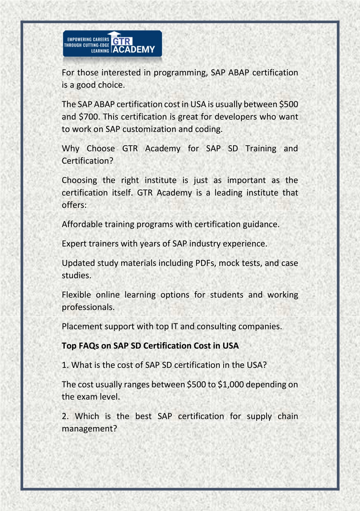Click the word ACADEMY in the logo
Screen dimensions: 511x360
click(x=134, y=50)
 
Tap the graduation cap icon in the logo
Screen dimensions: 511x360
click(x=114, y=34)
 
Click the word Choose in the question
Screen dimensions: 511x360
click(x=101, y=148)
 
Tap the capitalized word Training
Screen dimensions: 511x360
click(x=261, y=149)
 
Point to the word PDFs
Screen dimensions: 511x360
click(x=205, y=263)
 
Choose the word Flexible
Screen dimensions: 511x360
click(x=76, y=295)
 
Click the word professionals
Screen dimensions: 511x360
click(x=88, y=307)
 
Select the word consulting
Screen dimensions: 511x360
click(x=214, y=327)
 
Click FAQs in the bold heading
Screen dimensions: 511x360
click(x=89, y=346)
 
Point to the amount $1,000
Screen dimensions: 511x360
click(x=231, y=384)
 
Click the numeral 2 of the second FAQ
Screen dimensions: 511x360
click(x=65, y=416)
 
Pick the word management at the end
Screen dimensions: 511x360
click(x=89, y=429)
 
